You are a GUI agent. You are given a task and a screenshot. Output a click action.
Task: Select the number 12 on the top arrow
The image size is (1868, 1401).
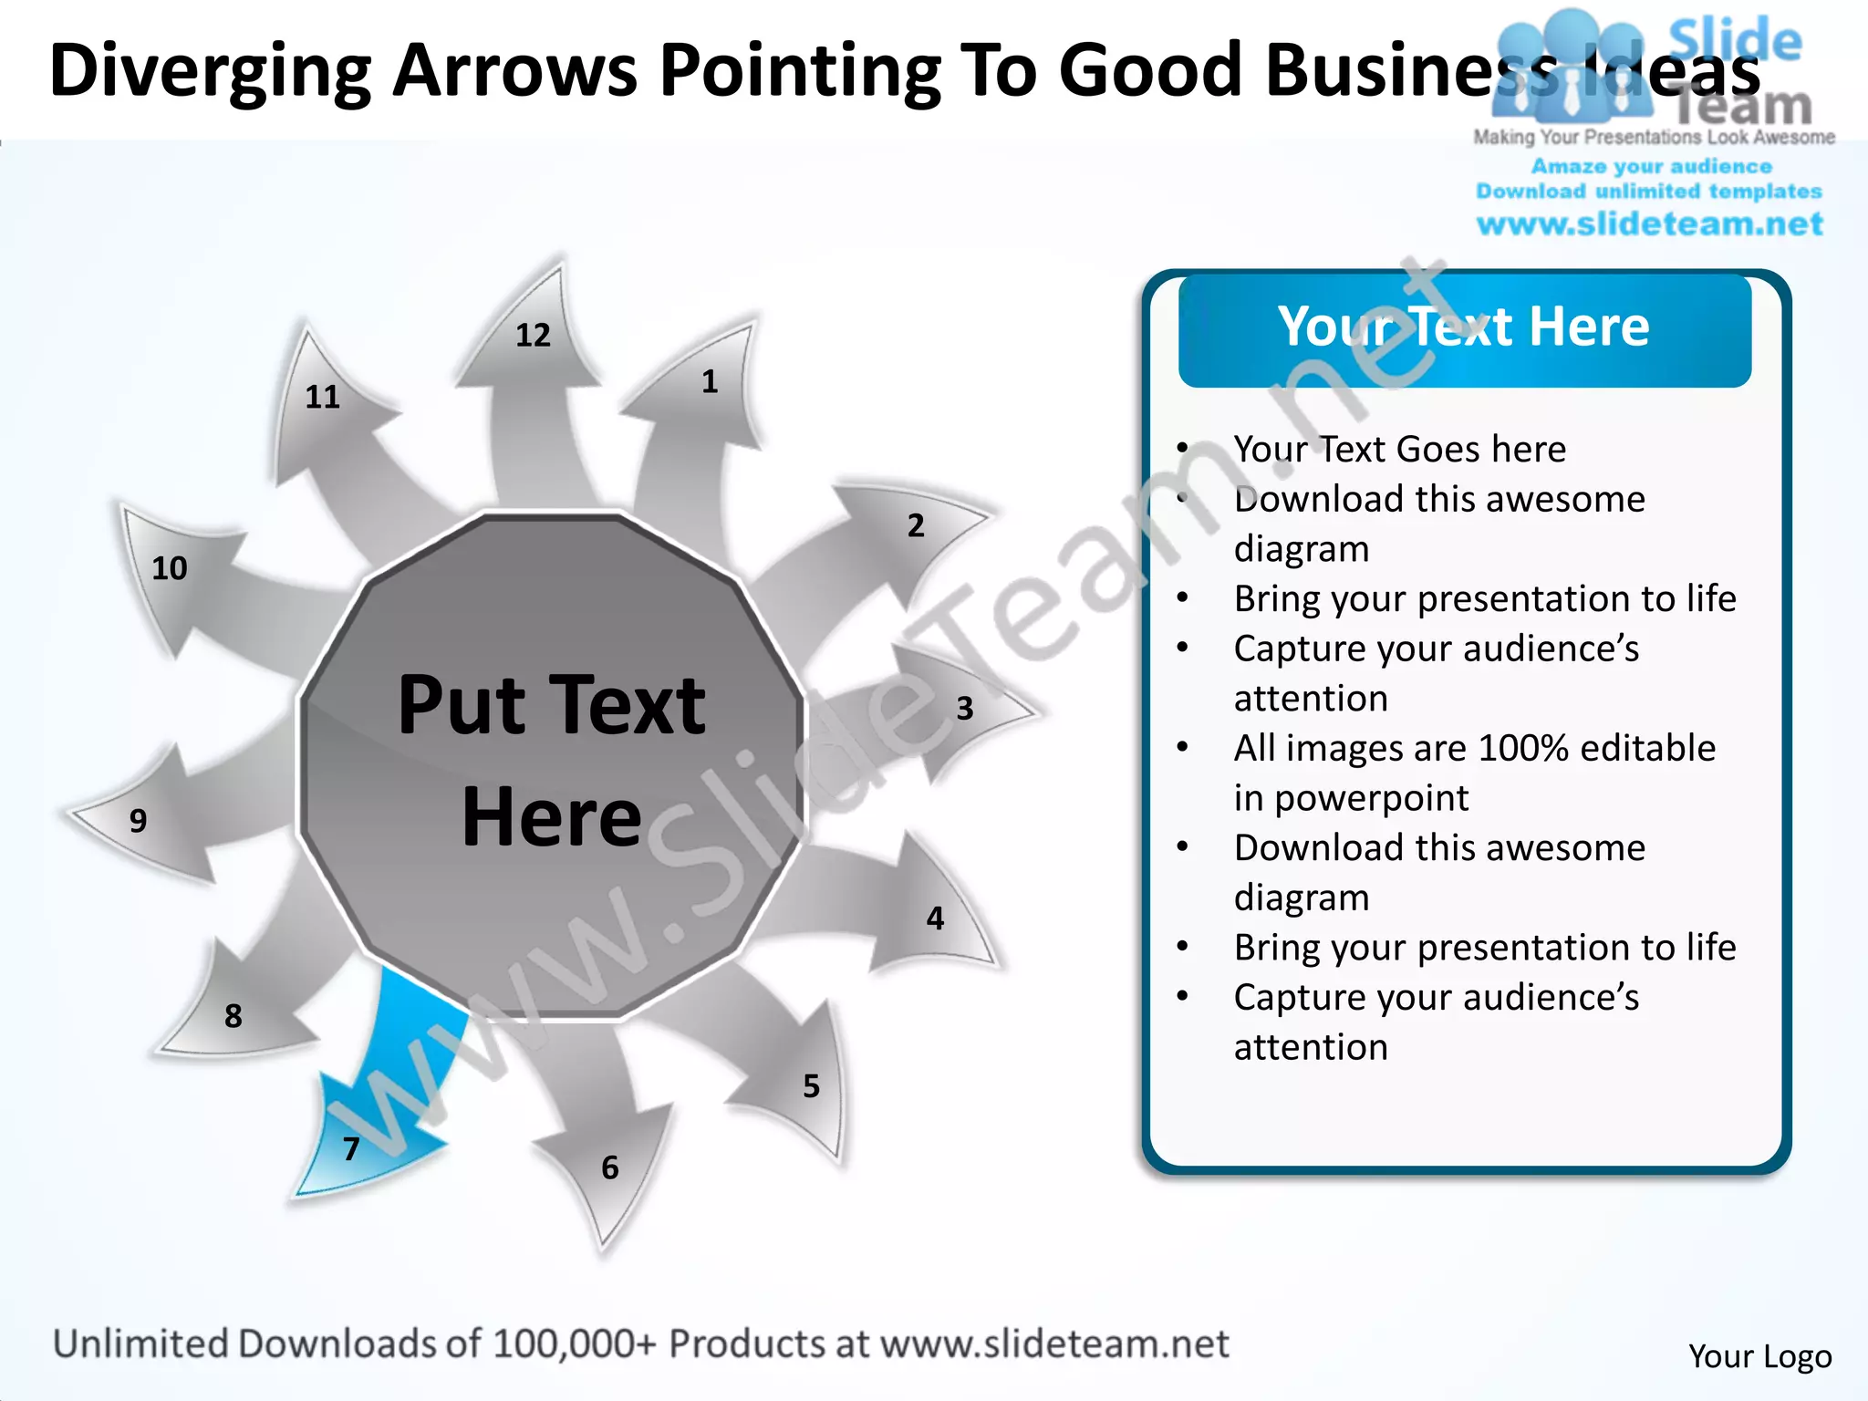534,336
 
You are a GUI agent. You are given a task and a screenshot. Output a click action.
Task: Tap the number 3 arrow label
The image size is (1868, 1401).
965,709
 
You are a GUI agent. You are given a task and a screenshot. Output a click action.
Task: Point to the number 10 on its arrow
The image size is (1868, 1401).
170,569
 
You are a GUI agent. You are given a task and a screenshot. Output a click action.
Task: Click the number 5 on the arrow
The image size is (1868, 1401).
811,1086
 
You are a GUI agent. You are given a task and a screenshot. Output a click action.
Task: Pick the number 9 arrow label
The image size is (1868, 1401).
138,821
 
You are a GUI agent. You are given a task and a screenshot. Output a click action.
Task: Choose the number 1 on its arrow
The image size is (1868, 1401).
710,382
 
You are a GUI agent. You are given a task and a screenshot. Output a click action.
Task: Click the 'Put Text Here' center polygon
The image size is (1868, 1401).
552,762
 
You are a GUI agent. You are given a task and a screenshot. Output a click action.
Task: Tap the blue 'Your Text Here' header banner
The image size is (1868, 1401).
1464,328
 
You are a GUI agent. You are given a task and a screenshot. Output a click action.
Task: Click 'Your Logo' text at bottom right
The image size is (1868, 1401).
1759,1356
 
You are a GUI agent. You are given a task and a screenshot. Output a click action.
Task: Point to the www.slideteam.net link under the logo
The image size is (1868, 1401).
1649,224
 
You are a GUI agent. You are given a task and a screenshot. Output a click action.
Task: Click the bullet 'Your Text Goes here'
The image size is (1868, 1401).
1399,450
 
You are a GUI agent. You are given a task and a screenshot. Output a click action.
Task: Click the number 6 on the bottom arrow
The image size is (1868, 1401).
610,1168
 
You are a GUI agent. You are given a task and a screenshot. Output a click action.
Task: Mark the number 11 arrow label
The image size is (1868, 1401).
322,398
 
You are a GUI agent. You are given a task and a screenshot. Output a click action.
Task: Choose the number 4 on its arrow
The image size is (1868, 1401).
935,918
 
